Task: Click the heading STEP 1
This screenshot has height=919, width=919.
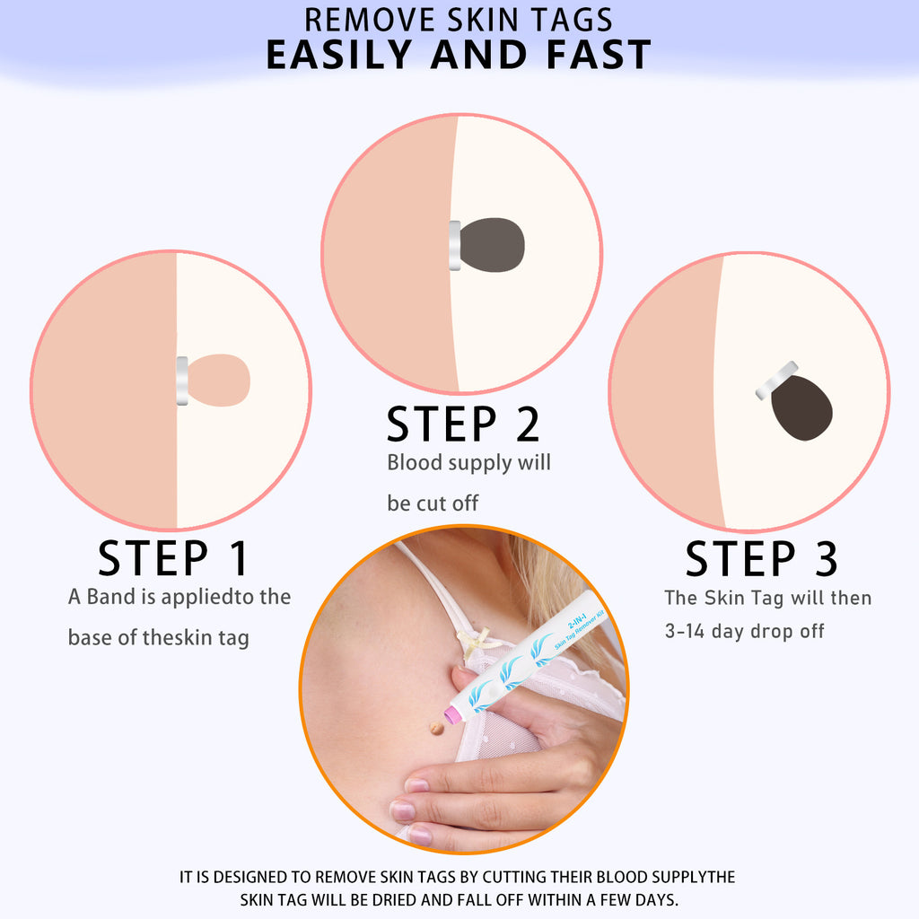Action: pyautogui.click(x=172, y=558)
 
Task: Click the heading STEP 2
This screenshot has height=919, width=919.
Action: pyautogui.click(x=463, y=424)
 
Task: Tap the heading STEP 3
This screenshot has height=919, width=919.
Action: pyautogui.click(x=761, y=558)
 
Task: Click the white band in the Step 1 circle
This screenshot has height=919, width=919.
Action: pyautogui.click(x=182, y=381)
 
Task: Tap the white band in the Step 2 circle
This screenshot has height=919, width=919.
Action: pyautogui.click(x=454, y=245)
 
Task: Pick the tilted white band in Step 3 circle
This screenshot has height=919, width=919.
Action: pyautogui.click(x=777, y=381)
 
